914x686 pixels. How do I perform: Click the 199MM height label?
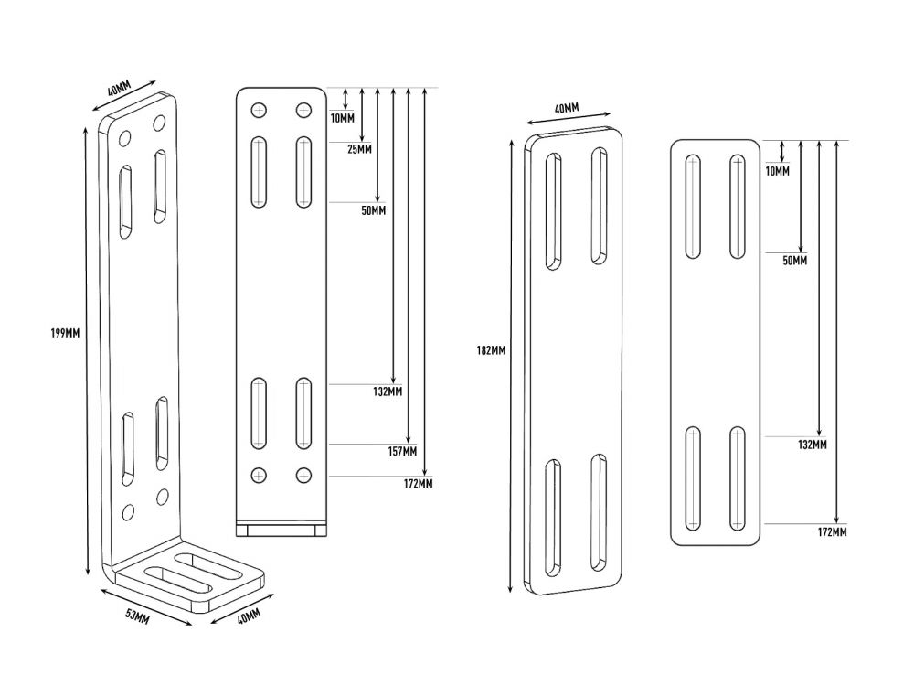[x=65, y=333]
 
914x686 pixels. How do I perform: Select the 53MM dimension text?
[x=137, y=617]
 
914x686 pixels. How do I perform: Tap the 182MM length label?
[x=491, y=350]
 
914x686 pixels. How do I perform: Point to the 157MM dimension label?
[x=402, y=451]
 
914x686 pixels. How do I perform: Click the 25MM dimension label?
[x=359, y=148]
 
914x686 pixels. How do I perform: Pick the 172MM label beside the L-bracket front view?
[x=418, y=483]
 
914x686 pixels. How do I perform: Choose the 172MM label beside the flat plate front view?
[x=832, y=531]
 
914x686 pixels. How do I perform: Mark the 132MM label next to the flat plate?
[x=813, y=445]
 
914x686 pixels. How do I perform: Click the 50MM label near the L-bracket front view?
[x=373, y=210]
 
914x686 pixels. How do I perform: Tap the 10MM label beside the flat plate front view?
[x=776, y=171]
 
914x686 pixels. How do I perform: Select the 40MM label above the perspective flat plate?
[x=567, y=109]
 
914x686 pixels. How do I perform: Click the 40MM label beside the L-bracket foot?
[x=247, y=617]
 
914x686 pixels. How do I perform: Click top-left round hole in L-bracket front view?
[x=260, y=111]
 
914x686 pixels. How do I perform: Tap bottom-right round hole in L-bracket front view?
[x=303, y=475]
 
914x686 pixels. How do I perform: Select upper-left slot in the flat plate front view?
[x=693, y=207]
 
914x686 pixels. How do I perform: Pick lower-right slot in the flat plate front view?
[x=737, y=477]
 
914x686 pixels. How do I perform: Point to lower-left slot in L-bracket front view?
[x=260, y=413]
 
